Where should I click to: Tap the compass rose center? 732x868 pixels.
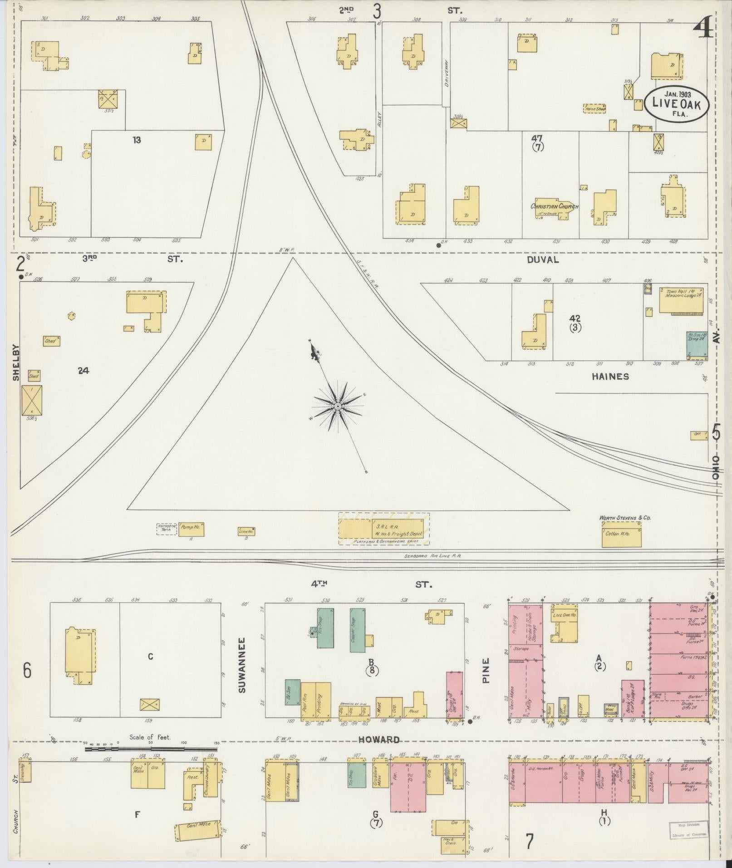(338, 407)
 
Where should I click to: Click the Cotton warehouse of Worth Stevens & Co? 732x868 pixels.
(621, 535)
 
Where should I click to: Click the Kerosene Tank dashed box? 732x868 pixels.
(167, 529)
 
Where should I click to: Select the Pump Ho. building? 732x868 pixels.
(191, 530)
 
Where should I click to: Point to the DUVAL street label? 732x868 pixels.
(543, 260)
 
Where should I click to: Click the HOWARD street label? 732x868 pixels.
(378, 740)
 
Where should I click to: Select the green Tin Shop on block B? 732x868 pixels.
(325, 628)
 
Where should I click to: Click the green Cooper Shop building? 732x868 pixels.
(358, 630)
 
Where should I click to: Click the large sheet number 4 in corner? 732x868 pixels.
(702, 32)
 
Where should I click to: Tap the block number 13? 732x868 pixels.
(137, 140)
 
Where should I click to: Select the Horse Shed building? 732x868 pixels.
(595, 109)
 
